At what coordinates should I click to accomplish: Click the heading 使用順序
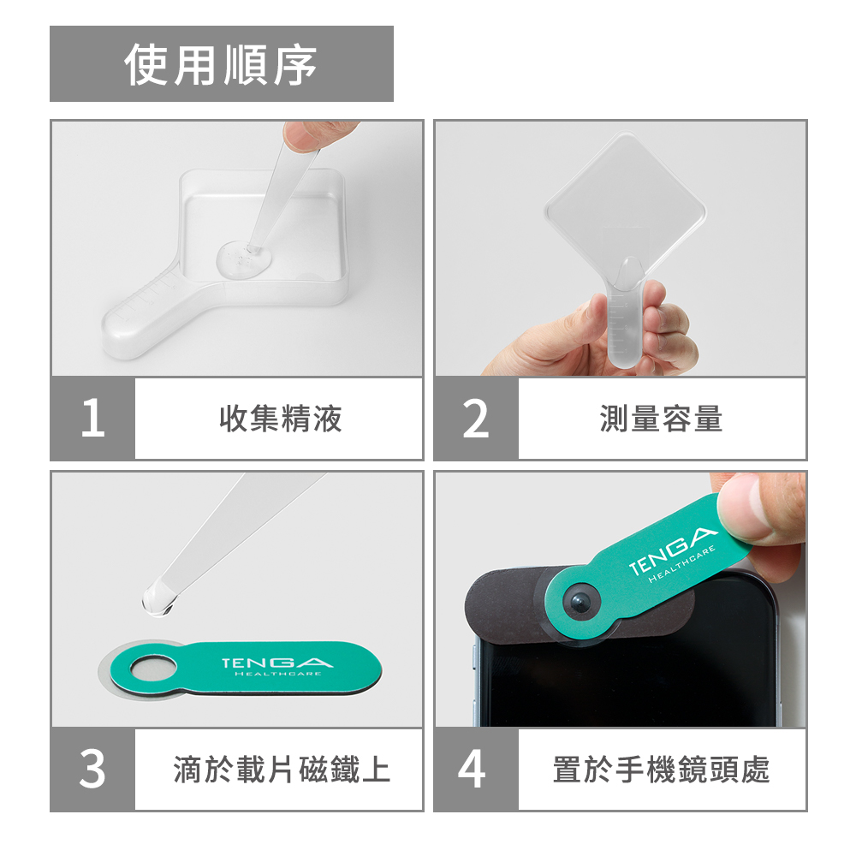221,64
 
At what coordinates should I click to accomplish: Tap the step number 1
92,419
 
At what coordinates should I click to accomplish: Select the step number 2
475,419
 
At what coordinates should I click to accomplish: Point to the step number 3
92,769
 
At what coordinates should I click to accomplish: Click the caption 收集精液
280,419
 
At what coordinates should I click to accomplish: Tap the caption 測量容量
661,419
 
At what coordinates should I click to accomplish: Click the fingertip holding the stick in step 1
306,134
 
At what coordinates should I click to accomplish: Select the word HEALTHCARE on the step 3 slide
277,675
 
